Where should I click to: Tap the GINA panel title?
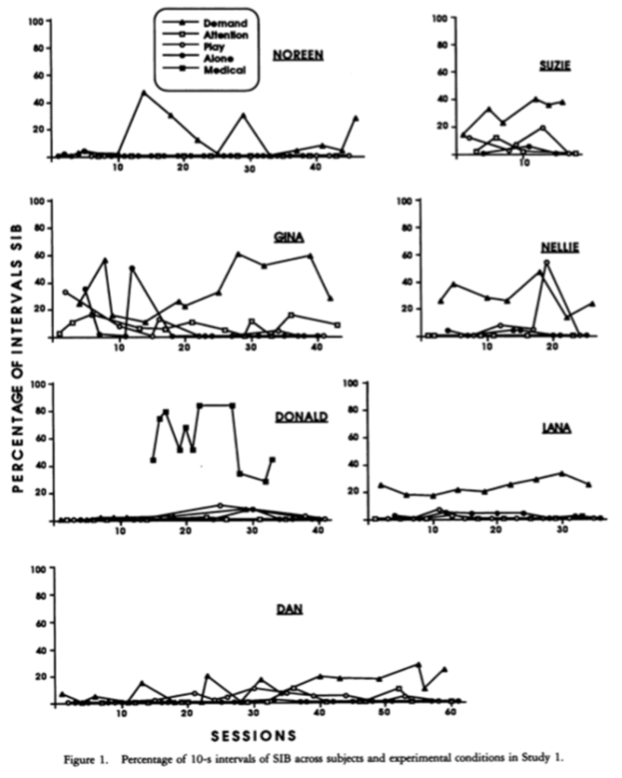[289, 237]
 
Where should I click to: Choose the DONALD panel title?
[301, 416]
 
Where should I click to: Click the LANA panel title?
[556, 428]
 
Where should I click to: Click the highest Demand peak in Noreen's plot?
[143, 93]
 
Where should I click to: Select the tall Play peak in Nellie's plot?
[546, 263]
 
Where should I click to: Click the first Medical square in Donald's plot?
[154, 460]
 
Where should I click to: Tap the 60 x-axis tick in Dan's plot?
[450, 714]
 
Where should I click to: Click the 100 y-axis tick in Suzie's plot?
[437, 17]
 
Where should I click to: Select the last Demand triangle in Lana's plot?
[589, 484]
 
